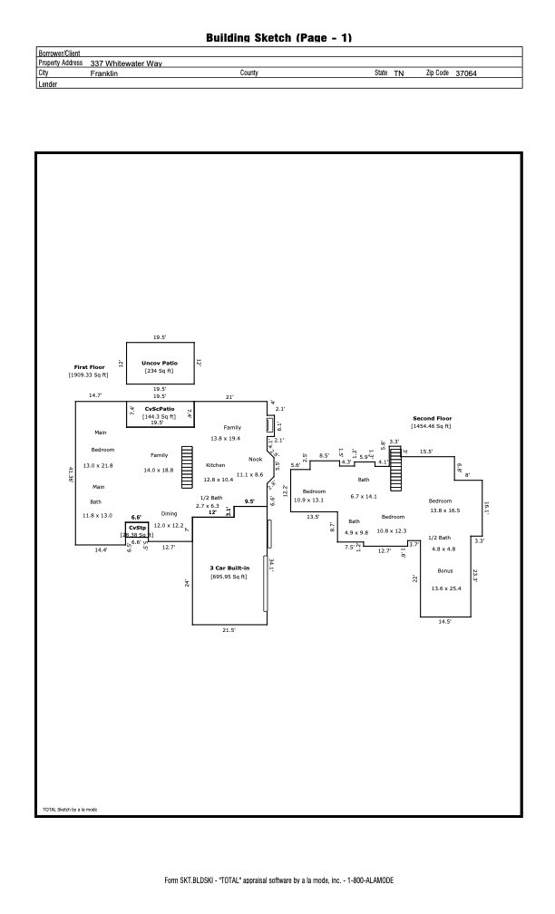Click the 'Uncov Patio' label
tap(159, 363)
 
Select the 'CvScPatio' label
tap(160, 409)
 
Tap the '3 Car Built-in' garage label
tap(229, 569)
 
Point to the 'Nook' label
tap(255, 459)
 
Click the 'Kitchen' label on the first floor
tap(216, 465)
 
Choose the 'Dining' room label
tap(169, 513)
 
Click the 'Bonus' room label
tap(444, 570)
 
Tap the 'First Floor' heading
tap(90, 367)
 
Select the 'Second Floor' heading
tap(431, 418)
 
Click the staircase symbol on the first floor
tap(188, 468)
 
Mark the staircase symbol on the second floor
tap(395, 469)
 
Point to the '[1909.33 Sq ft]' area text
tap(89, 374)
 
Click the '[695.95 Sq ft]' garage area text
tap(229, 577)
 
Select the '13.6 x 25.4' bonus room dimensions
tap(445, 588)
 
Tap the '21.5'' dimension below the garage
tap(229, 629)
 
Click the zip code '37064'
tap(465, 73)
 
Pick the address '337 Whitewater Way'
tap(126, 63)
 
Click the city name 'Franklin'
tap(104, 73)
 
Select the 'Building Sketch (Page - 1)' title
tap(278, 37)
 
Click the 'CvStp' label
tap(137, 527)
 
